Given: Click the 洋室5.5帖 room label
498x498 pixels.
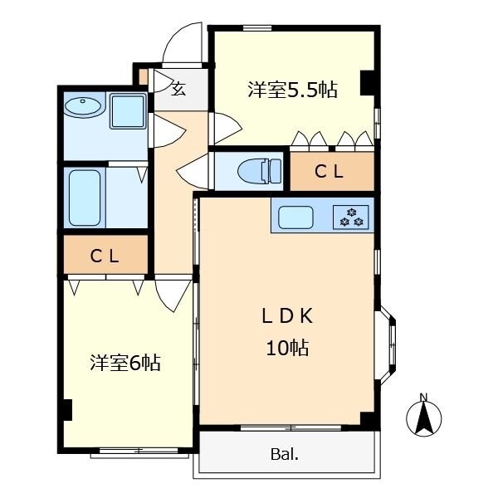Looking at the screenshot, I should pyautogui.click(x=292, y=90).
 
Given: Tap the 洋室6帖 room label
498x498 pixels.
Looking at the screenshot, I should pyautogui.click(x=125, y=363).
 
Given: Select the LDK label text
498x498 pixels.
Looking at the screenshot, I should pyautogui.click(x=286, y=316).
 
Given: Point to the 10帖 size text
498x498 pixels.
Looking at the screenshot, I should pyautogui.click(x=287, y=349).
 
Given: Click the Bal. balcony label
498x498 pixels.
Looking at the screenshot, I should pyautogui.click(x=284, y=454).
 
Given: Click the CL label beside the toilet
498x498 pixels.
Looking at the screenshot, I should pyautogui.click(x=330, y=173).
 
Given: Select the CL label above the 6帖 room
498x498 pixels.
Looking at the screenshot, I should pyautogui.click(x=105, y=256).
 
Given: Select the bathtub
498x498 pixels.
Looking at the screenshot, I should pyautogui.click(x=84, y=198).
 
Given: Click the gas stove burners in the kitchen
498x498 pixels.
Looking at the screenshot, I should pyautogui.click(x=351, y=217).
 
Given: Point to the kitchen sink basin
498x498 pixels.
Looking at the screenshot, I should pyautogui.click(x=295, y=217).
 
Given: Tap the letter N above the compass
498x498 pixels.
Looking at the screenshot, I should pyautogui.click(x=424, y=395).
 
